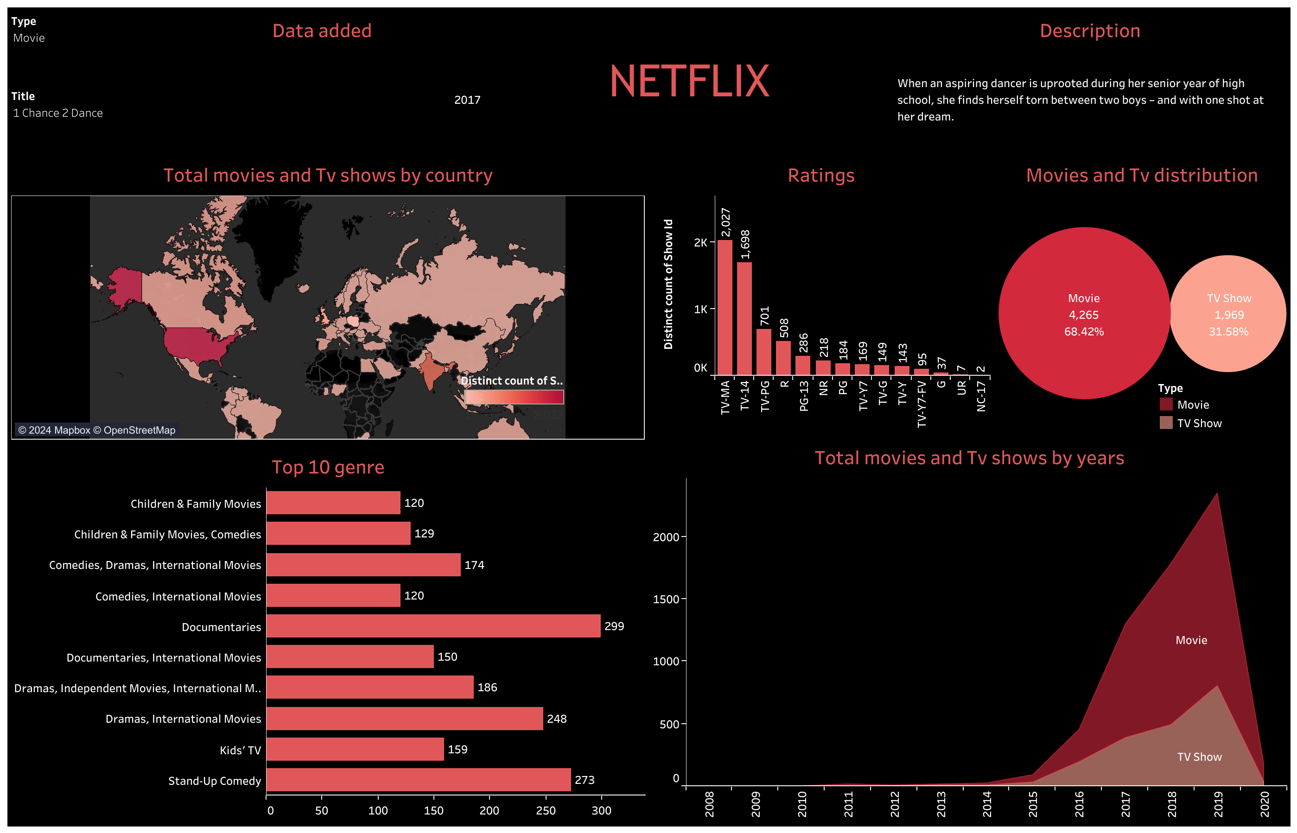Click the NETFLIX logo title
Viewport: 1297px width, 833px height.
689,82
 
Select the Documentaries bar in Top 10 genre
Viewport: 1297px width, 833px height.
433,626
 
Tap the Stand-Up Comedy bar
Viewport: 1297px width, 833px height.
418,779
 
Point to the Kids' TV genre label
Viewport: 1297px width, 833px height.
240,750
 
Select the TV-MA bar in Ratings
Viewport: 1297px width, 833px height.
725,307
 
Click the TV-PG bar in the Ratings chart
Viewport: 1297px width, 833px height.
763,352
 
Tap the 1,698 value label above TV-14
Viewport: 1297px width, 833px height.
745,245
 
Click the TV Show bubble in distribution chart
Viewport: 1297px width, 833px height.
1228,314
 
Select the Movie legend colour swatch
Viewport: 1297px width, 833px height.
1165,404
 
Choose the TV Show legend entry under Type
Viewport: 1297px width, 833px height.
1199,423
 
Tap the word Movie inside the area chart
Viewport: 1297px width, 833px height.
1190,640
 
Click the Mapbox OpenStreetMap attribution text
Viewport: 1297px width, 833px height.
97,430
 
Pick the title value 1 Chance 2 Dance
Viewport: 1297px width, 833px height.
58,113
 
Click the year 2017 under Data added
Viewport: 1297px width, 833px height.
467,100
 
